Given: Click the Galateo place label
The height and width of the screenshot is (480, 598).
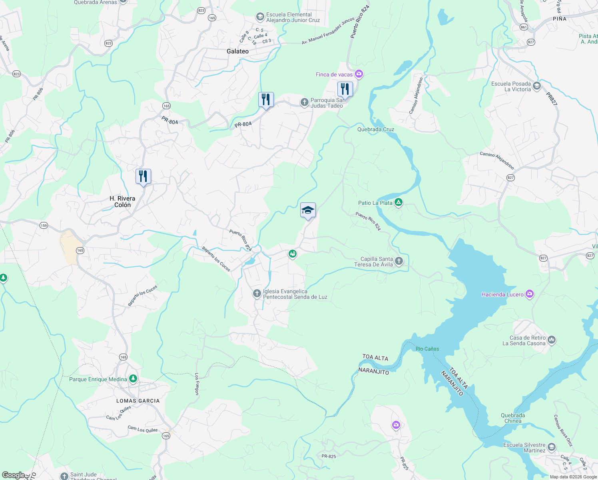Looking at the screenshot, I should [x=237, y=51].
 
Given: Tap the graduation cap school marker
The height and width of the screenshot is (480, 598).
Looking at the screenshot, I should [x=308, y=210].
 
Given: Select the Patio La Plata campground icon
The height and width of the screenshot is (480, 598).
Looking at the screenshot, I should [x=398, y=202].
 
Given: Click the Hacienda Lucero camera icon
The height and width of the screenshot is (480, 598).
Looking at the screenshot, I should [x=530, y=294].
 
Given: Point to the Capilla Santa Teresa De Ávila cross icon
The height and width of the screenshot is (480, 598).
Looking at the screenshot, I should [x=399, y=262].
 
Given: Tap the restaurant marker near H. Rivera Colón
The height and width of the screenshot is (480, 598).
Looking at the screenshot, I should [x=143, y=176].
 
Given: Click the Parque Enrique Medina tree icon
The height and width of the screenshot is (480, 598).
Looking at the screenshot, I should [x=133, y=379].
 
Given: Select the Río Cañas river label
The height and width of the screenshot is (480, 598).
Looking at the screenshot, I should [x=427, y=349].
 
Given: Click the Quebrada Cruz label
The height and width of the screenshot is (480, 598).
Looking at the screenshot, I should [x=376, y=129].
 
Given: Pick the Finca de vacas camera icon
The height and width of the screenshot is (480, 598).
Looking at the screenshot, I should [x=359, y=74].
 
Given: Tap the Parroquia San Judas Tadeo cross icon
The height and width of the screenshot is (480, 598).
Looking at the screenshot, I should [x=305, y=102].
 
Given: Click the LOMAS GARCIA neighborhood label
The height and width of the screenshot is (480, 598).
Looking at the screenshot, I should [x=138, y=401].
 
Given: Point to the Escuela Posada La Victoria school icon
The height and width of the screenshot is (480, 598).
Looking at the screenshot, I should [x=537, y=86].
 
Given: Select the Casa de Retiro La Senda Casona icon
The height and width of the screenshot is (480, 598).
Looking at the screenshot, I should [x=552, y=340].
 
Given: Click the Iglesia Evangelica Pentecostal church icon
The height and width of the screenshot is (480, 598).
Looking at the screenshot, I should [x=257, y=294].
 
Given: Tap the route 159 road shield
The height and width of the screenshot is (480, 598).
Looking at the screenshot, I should [x=44, y=226].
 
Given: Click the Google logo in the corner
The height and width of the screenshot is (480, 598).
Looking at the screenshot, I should [x=13, y=475].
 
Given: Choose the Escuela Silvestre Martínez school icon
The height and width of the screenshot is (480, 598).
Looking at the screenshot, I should [x=552, y=447].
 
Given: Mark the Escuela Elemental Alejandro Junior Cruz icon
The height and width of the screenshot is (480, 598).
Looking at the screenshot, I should [x=260, y=17].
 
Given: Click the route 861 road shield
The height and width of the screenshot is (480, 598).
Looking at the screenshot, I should [x=524, y=27].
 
